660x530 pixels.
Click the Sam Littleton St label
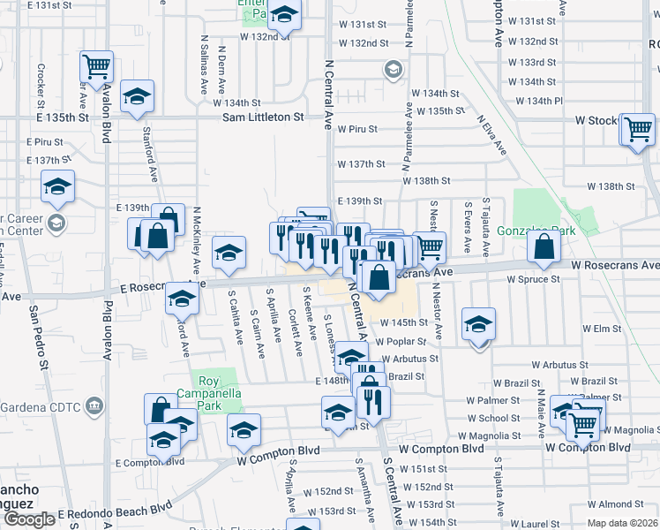coord(263,117)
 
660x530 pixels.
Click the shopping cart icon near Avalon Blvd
coord(96,64)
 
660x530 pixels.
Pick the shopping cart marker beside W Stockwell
coord(636,129)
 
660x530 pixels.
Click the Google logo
coord(28,519)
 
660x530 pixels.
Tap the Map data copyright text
coord(622,523)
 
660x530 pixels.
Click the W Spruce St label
coord(532,280)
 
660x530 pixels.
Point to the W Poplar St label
coord(401,341)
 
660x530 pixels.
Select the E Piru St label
coord(45,141)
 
